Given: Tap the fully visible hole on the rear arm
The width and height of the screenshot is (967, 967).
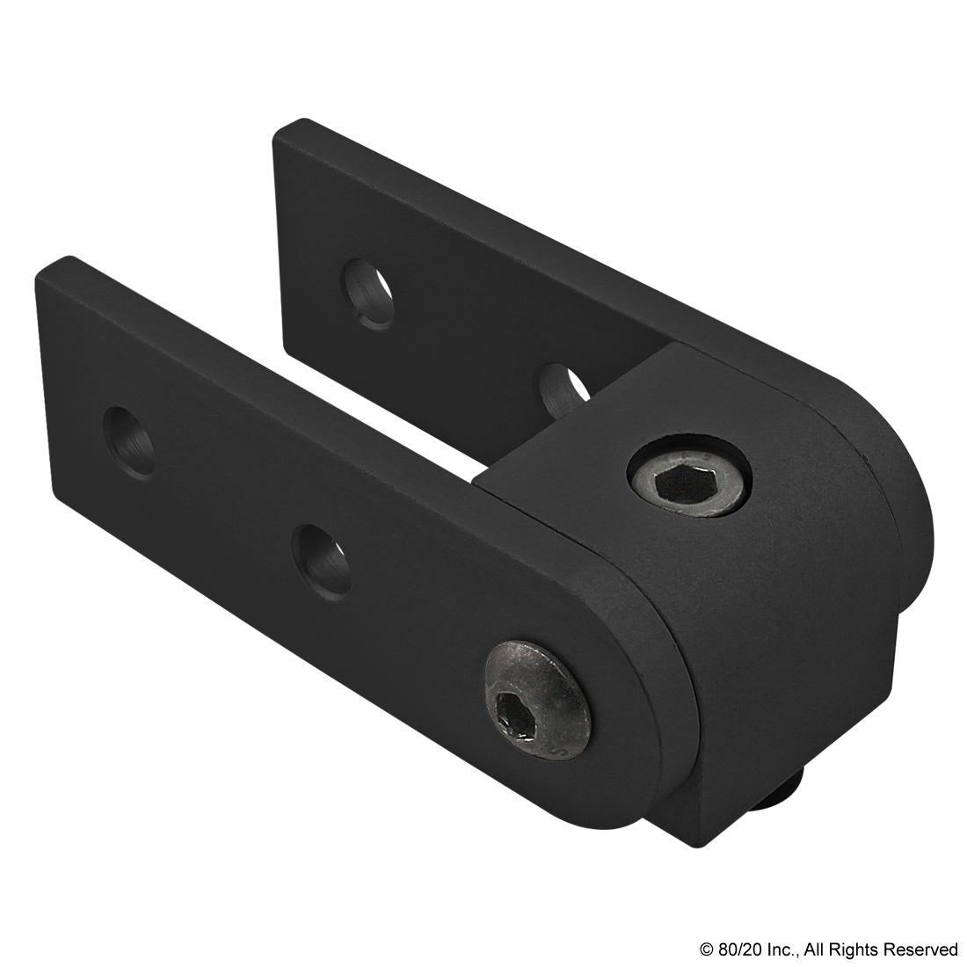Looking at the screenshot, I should tap(367, 294).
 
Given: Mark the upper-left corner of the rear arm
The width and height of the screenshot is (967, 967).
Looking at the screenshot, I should tap(280, 132).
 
